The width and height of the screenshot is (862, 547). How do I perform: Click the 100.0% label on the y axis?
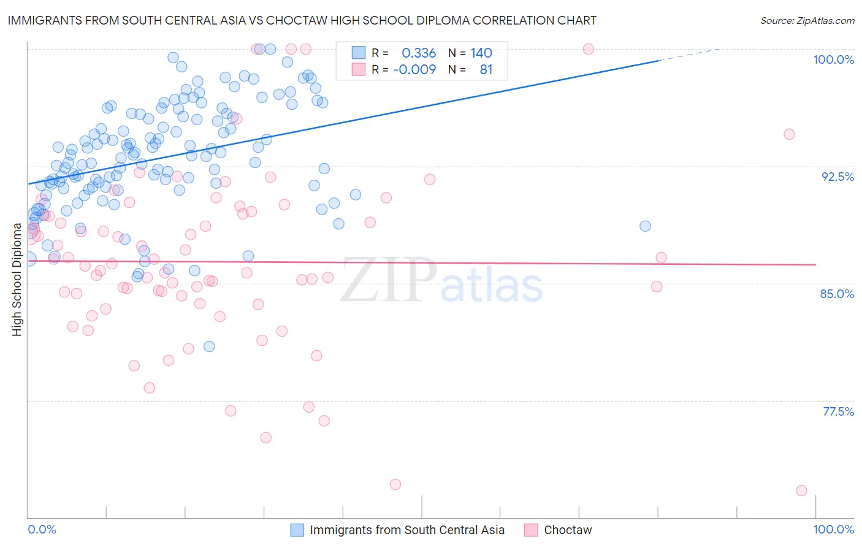pyautogui.click(x=833, y=59)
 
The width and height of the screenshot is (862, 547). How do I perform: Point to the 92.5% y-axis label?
pyautogui.click(x=837, y=177)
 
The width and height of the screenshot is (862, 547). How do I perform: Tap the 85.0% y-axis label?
pyautogui.click(x=837, y=294)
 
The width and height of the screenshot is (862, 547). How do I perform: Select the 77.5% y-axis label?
pyautogui.click(x=838, y=411)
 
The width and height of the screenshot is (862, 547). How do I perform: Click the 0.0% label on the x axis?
pyautogui.click(x=42, y=529)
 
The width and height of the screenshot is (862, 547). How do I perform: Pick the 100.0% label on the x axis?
pyautogui.click(x=833, y=529)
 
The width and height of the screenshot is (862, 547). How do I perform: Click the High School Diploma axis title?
pyautogui.click(x=17, y=280)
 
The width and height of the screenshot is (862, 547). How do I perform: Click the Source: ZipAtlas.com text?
pyautogui.click(x=807, y=21)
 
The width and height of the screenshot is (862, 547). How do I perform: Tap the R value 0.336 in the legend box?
pyautogui.click(x=419, y=53)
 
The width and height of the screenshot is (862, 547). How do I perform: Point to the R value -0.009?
pyautogui.click(x=414, y=70)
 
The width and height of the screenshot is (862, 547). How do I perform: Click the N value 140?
pyautogui.click(x=481, y=53)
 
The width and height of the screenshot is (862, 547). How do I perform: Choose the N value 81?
pyautogui.click(x=486, y=70)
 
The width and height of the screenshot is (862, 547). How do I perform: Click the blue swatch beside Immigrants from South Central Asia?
pyautogui.click(x=297, y=530)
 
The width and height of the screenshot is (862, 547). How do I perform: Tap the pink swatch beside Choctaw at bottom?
pyautogui.click(x=531, y=530)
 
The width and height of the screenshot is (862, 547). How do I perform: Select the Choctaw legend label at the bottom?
pyautogui.click(x=568, y=530)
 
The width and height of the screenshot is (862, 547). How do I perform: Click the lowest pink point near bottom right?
pyautogui.click(x=801, y=491)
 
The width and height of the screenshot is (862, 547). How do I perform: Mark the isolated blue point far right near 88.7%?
pyautogui.click(x=645, y=226)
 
